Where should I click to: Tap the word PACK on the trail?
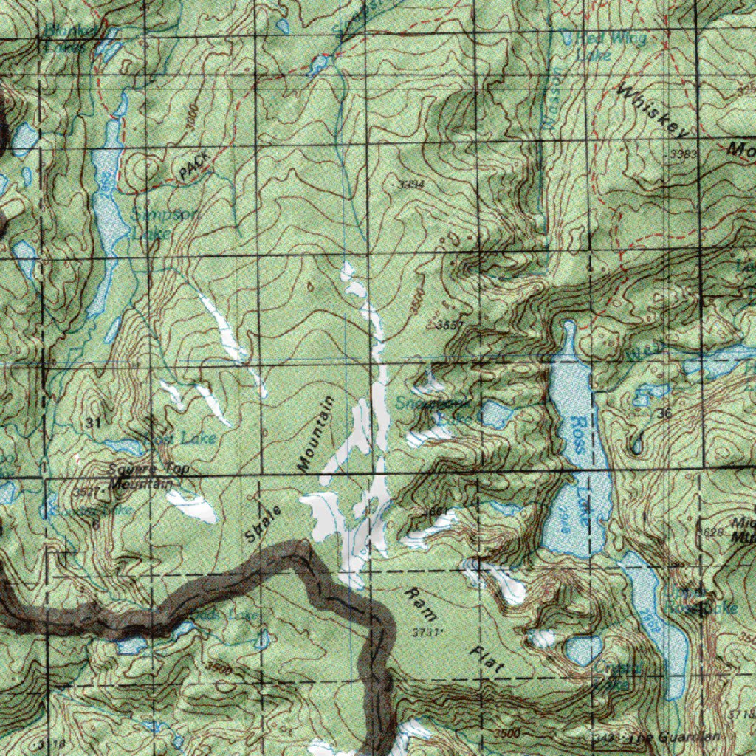193,165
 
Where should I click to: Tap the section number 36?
664,414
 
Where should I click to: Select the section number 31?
92,422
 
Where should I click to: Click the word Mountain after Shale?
315,433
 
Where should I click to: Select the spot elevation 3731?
427,633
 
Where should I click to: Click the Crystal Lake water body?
584,650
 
